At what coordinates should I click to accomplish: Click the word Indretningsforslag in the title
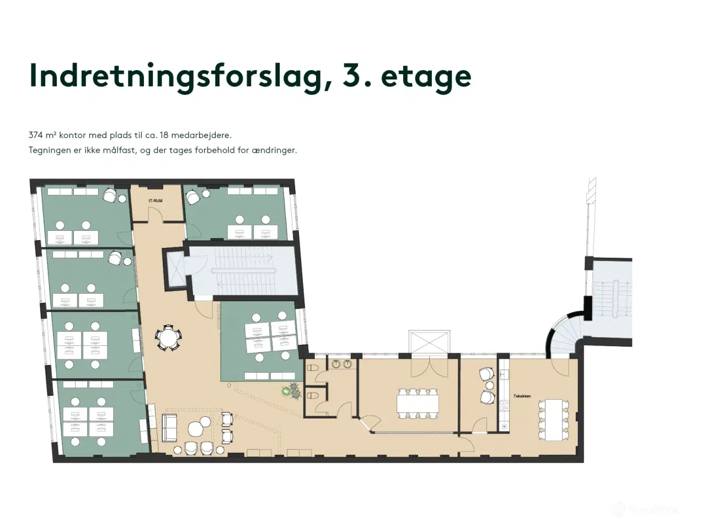tap(174, 77)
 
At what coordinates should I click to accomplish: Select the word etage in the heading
tap(426, 77)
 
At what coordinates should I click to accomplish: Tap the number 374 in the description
tap(36, 135)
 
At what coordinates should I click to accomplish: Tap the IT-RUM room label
tap(155, 200)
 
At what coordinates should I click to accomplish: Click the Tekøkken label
tap(522, 396)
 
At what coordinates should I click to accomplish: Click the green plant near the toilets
tap(286, 391)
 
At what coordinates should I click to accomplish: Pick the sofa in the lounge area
tap(169, 428)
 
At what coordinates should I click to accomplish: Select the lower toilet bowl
tap(312, 395)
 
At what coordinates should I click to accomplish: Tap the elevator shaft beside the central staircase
tap(175, 267)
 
